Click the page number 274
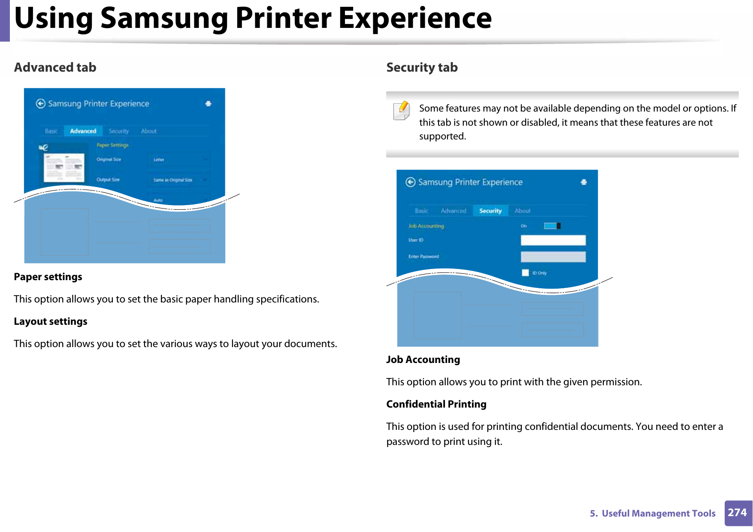click(x=737, y=513)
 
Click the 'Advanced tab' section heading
click(x=55, y=67)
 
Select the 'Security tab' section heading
click(x=422, y=67)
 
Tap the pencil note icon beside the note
click(x=402, y=110)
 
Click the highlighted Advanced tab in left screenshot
click(x=83, y=131)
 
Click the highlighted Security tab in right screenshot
click(x=490, y=211)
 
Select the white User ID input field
click(x=553, y=240)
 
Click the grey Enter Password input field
click(x=553, y=257)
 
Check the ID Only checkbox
click(x=525, y=273)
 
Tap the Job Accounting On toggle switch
click(x=552, y=226)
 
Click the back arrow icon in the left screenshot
click(x=41, y=103)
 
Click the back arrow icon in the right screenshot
click(x=411, y=182)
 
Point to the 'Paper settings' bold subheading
click(x=48, y=277)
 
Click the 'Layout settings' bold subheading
click(x=51, y=321)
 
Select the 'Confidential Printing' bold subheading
click(x=436, y=404)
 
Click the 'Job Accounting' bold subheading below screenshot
click(x=423, y=360)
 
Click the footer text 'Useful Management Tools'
click(x=658, y=513)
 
